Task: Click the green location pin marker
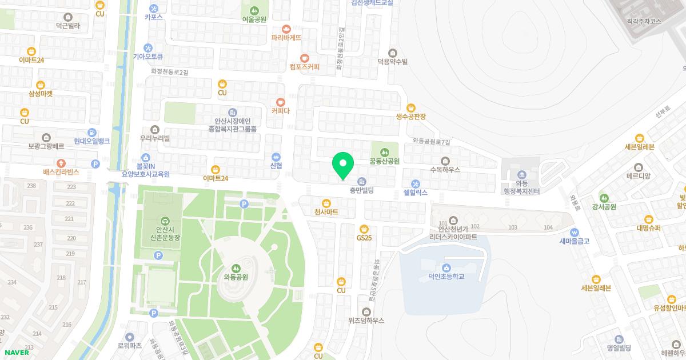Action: tap(343, 165)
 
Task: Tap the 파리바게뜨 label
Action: tap(286, 37)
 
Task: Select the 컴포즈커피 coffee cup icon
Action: tap(305, 58)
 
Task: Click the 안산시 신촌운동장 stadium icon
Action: tap(165, 221)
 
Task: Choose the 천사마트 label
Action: tap(326, 212)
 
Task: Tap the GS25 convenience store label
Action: tap(364, 237)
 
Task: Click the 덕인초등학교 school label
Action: tap(446, 277)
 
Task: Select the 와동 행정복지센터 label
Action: tap(521, 186)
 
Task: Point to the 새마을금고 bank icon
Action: tap(575, 232)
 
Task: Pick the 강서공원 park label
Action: tap(604, 207)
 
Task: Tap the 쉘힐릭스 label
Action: tap(415, 193)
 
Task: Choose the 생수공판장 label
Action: tap(411, 116)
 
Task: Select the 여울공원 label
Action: tap(254, 19)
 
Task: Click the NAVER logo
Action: tap(17, 353)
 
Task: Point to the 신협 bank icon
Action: tap(276, 156)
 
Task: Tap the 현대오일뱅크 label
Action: tap(91, 141)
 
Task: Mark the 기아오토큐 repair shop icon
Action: tap(148, 47)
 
